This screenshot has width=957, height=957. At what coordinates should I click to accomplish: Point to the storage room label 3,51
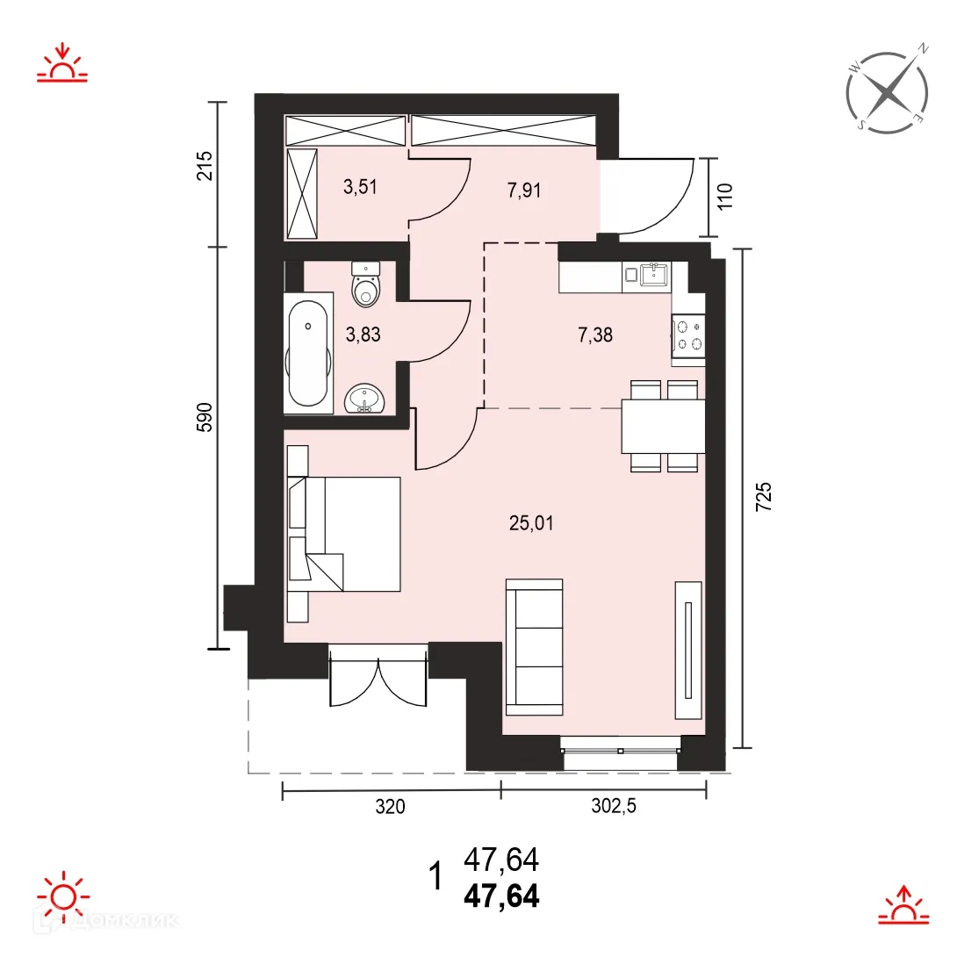(x=360, y=186)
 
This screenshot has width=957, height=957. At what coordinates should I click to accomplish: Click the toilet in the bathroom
(x=365, y=284)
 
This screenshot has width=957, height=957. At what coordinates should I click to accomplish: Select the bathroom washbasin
(x=365, y=400)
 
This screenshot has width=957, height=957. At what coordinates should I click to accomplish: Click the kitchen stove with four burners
(x=687, y=335)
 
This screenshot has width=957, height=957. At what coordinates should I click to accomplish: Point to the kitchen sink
(x=653, y=275)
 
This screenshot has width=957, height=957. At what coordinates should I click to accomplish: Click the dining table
(x=663, y=427)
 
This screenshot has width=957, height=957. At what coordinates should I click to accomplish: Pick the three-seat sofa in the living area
(x=534, y=646)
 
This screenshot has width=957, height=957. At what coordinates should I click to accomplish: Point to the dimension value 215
(x=205, y=166)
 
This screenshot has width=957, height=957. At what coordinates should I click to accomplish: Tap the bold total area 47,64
(x=501, y=897)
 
